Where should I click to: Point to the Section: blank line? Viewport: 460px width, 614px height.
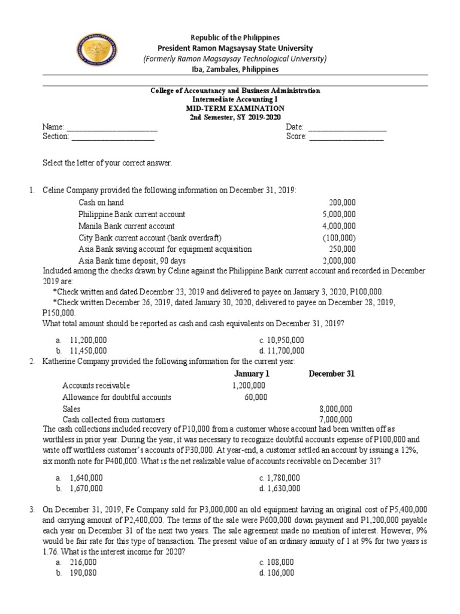pos(113,137)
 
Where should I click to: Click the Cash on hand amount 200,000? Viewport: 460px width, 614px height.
pos(342,203)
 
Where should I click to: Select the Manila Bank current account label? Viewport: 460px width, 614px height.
pos(126,226)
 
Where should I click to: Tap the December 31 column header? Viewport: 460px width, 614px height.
pos(331,374)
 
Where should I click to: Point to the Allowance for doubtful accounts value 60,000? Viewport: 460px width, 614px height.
pos(256,397)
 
